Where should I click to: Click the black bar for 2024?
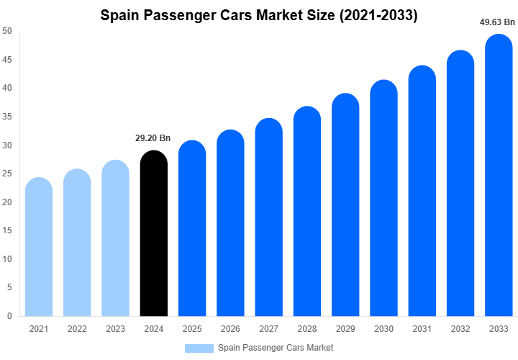point(153,234)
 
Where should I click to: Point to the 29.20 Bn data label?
point(153,138)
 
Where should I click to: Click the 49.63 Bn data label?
point(497,22)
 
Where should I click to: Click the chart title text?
point(259,14)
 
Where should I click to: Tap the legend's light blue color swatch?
point(199,348)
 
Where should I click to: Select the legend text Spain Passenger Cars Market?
point(276,348)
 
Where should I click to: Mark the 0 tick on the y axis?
point(9,316)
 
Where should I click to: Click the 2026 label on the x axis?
point(230,329)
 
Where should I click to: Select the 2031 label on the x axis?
point(422,329)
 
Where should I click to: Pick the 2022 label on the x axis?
point(77,329)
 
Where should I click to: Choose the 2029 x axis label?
point(345,329)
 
